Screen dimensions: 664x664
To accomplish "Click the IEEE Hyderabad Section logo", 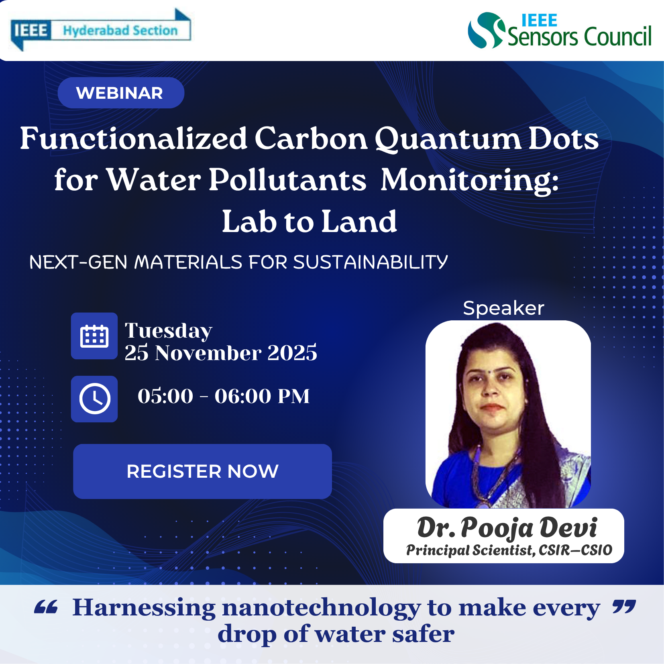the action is coord(100,30).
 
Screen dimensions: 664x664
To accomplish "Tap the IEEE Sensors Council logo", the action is coord(560,31).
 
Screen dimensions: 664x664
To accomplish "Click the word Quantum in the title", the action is coord(448,139).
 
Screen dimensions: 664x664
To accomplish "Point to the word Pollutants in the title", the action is coord(287,179).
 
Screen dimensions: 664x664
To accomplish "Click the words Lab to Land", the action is coord(310,221).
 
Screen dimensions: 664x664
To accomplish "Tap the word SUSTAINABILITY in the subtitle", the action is coord(371,262).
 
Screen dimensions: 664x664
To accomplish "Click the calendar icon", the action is coord(94,336).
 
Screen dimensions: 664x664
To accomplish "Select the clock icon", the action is coord(94,399).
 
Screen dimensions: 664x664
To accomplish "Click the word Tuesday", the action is coord(168,331).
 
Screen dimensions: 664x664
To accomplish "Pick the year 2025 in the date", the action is coord(292,352).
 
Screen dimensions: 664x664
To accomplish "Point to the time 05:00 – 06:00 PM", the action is coord(224,396).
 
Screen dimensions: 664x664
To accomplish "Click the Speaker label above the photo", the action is coord(503,308).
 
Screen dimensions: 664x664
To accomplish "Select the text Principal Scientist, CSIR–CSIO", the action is coord(509,550).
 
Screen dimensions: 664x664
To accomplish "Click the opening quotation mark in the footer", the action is coord(46,607).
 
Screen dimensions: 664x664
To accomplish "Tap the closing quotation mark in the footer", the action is coord(624,607).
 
